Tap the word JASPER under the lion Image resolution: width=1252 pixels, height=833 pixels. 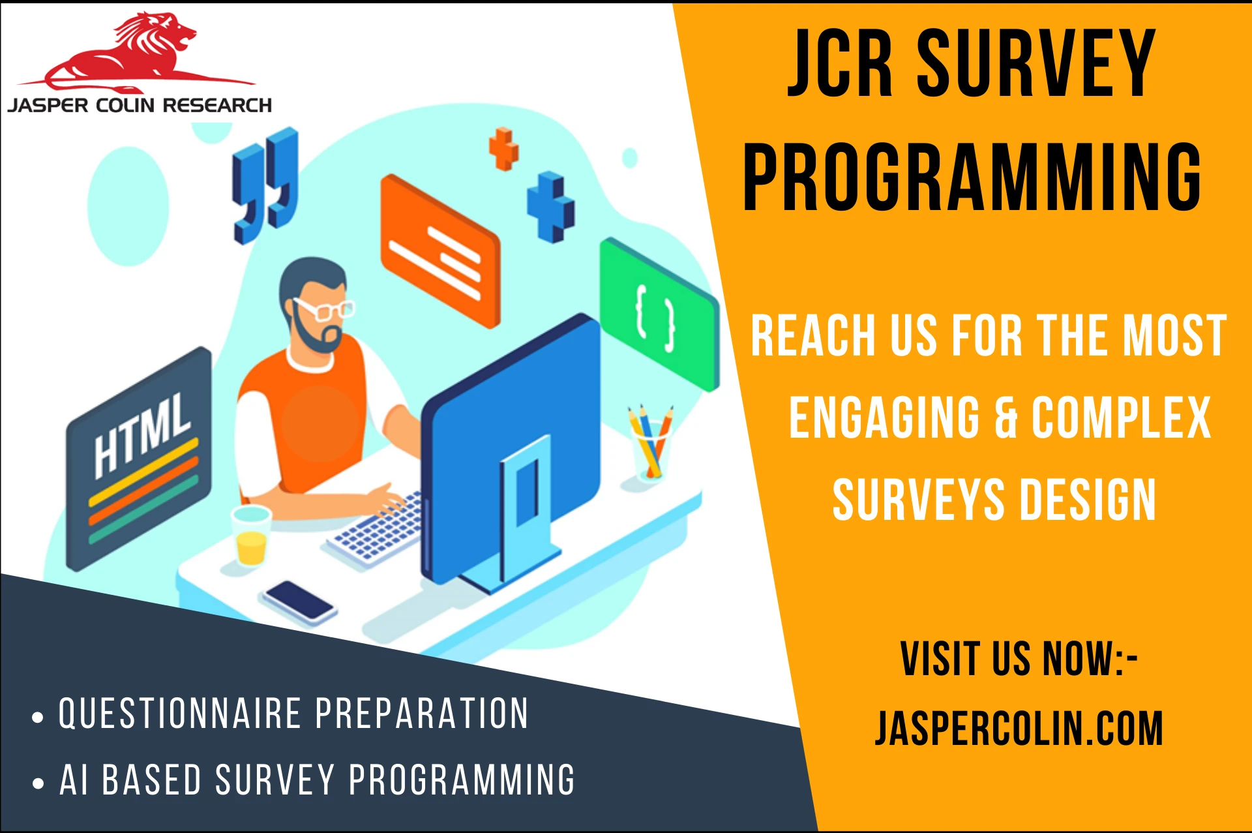tap(49, 105)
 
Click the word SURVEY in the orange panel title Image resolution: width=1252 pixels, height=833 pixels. tap(1037, 63)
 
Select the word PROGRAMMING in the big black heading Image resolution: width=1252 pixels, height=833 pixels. tap(972, 177)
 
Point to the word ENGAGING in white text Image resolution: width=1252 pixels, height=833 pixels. tap(884, 417)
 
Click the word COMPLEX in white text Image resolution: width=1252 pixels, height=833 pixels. tap(1121, 417)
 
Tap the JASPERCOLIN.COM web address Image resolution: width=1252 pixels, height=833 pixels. tap(1019, 728)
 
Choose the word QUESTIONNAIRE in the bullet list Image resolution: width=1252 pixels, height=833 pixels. tap(180, 713)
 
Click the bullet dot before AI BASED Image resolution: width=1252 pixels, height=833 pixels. tap(38, 783)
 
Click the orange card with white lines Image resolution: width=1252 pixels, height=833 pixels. tap(440, 251)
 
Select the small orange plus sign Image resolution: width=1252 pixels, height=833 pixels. tap(503, 149)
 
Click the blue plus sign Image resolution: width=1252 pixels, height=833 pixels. tap(551, 207)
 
